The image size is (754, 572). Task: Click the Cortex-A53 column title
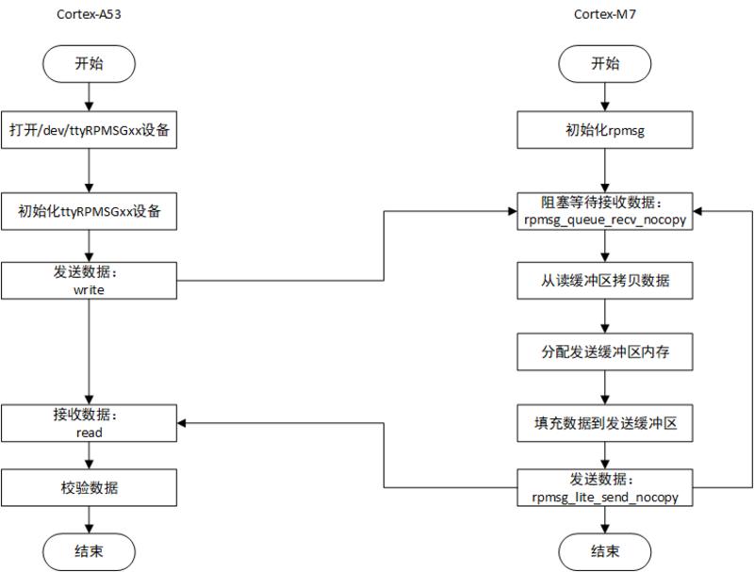pos(89,13)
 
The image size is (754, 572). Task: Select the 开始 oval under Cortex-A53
pos(89,64)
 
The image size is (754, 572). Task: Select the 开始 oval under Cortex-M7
pos(605,64)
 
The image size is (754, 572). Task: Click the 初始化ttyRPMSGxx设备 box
pos(89,211)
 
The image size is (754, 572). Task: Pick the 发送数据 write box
pos(89,280)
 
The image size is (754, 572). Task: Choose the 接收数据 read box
pos(89,423)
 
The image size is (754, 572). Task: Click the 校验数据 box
pos(89,488)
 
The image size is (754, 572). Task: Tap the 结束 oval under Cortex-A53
pos(89,551)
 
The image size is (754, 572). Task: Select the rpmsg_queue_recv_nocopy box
pos(605,211)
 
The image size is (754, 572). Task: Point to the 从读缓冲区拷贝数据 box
pos(605,280)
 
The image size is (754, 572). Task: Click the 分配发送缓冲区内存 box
pos(605,352)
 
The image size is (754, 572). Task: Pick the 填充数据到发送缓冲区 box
pos(605,423)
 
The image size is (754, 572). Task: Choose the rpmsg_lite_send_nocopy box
pos(605,488)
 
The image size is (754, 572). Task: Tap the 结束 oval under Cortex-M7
pos(605,551)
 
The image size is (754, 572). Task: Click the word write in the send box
pos(89,290)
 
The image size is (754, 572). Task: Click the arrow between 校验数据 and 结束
pos(89,519)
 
